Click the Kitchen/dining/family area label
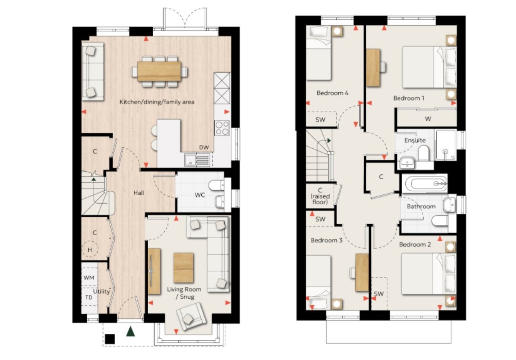[157, 102]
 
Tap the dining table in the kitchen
[159, 72]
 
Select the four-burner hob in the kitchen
[222, 128]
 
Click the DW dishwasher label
[204, 147]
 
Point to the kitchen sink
[197, 160]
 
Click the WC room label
[200, 195]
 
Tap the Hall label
[139, 193]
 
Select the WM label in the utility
[89, 278]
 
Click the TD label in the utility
[89, 297]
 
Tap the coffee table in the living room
[183, 268]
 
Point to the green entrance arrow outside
[131, 331]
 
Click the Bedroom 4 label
[332, 93]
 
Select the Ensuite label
[415, 140]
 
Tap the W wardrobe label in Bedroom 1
[428, 119]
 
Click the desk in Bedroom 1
[373, 68]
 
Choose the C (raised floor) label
[320, 196]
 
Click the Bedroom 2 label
[415, 245]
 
